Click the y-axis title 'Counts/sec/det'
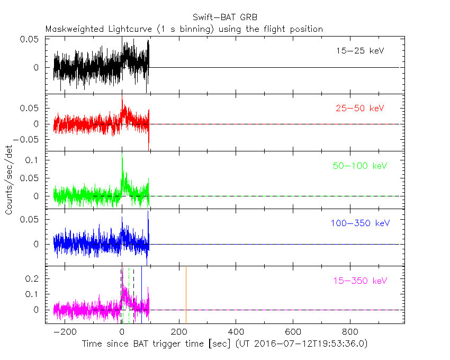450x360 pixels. coord(9,180)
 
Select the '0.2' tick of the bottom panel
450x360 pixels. coord(33,278)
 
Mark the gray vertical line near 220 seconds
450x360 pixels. coord(186,294)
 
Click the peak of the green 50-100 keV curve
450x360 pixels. coord(122,154)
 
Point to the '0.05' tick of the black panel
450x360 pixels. coord(30,40)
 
